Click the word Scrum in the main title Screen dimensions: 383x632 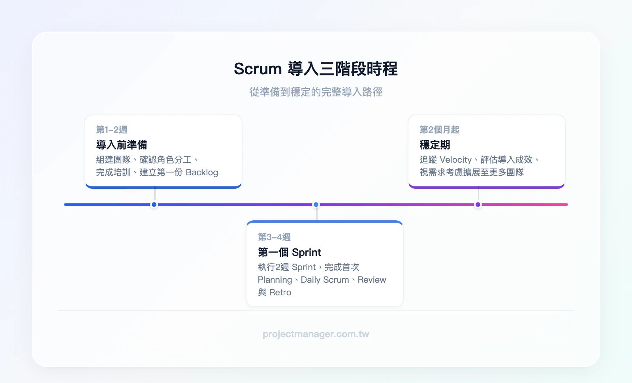(258, 69)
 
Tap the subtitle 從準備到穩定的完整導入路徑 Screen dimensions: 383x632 (316, 92)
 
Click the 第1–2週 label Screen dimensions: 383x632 (111, 130)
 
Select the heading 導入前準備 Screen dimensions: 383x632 (122, 145)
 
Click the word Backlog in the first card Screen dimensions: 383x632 (202, 173)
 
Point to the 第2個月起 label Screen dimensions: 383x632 (439, 130)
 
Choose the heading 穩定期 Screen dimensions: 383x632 (434, 145)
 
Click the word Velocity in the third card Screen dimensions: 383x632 (455, 160)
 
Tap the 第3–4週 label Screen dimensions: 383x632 (274, 237)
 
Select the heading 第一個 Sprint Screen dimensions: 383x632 (289, 252)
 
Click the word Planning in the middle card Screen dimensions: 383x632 (275, 280)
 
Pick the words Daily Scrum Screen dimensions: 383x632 (325, 280)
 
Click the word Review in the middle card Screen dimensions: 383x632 (372, 280)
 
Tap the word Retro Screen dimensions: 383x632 (280, 293)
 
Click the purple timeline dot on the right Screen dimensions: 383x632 (478, 205)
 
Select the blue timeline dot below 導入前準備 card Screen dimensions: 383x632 (154, 205)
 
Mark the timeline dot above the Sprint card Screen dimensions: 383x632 (316, 205)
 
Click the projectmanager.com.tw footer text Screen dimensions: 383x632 (316, 334)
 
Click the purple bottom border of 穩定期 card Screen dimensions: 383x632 (487, 187)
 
